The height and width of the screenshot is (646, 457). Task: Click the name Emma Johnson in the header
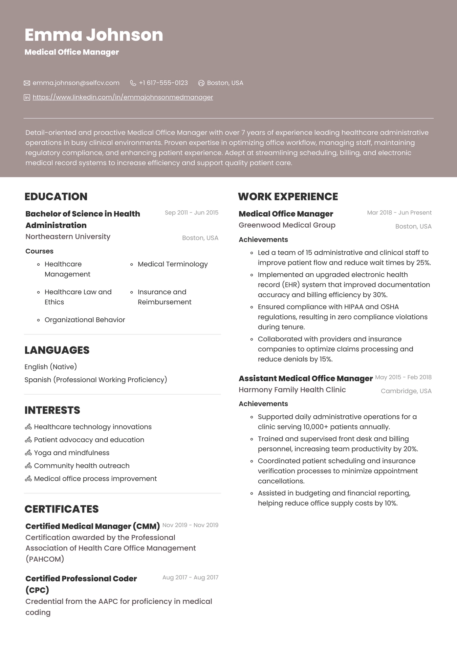click(x=94, y=35)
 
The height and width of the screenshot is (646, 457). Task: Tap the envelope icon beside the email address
click(x=27, y=83)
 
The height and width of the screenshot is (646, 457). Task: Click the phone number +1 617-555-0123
click(x=163, y=83)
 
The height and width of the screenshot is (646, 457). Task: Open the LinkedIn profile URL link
click(x=123, y=97)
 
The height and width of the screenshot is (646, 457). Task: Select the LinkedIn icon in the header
click(x=27, y=98)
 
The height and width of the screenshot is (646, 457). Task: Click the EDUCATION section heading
click(x=56, y=196)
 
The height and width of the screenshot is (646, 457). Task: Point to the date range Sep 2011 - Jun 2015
click(x=191, y=213)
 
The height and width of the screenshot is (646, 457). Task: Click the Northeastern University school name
click(x=68, y=236)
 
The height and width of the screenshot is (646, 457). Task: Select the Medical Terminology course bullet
click(x=172, y=264)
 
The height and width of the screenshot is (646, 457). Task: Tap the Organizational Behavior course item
click(x=85, y=320)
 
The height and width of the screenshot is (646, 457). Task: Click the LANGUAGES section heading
click(x=57, y=350)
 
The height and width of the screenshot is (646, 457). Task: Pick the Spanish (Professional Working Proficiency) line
click(x=96, y=380)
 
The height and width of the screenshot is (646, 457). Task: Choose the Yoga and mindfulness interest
click(x=71, y=453)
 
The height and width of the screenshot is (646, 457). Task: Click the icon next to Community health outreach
click(x=28, y=466)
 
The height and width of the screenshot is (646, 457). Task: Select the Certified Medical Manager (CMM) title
click(x=92, y=526)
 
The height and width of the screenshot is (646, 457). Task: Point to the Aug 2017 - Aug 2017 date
click(x=190, y=577)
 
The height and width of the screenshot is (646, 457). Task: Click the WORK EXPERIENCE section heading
click(x=288, y=196)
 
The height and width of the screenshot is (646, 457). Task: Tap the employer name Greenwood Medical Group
click(x=287, y=225)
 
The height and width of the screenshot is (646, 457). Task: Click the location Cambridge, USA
click(x=406, y=391)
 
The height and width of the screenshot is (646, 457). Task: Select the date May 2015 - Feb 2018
click(x=403, y=377)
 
